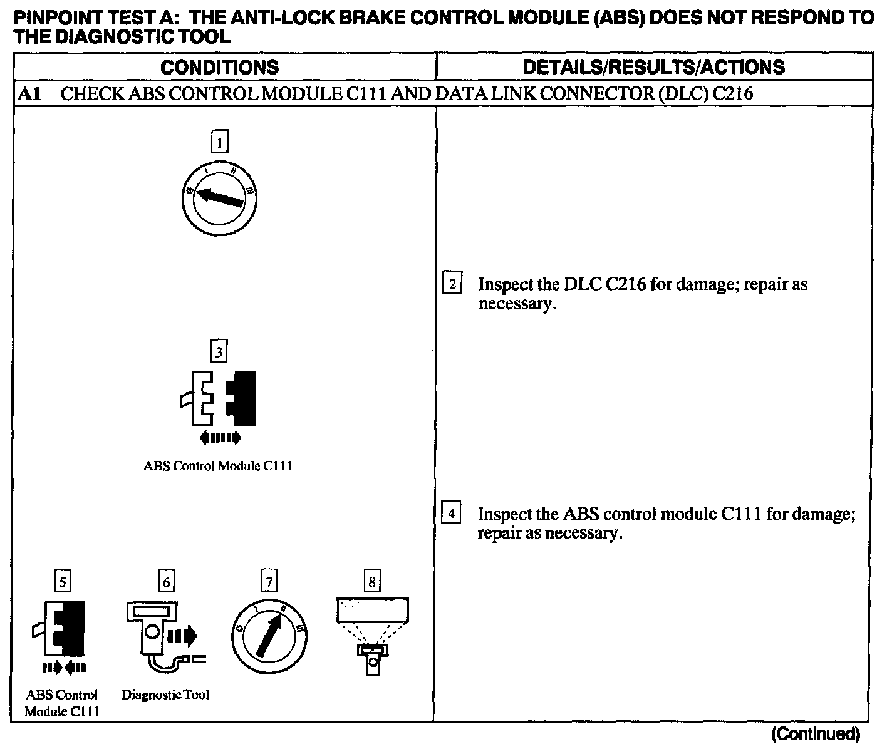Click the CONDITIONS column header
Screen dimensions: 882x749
(x=219, y=67)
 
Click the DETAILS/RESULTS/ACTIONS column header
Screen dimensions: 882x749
(x=653, y=67)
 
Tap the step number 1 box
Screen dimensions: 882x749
(x=219, y=142)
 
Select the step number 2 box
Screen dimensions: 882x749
(x=452, y=284)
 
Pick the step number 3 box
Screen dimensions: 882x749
(x=219, y=352)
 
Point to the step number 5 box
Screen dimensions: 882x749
(x=61, y=582)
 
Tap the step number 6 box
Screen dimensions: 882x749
(x=166, y=582)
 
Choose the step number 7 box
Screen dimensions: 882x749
(x=269, y=582)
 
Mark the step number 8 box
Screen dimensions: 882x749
(x=372, y=582)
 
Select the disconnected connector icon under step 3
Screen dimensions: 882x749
(x=219, y=401)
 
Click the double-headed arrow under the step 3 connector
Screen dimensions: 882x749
(x=219, y=438)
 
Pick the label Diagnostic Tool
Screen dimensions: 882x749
(x=165, y=695)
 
